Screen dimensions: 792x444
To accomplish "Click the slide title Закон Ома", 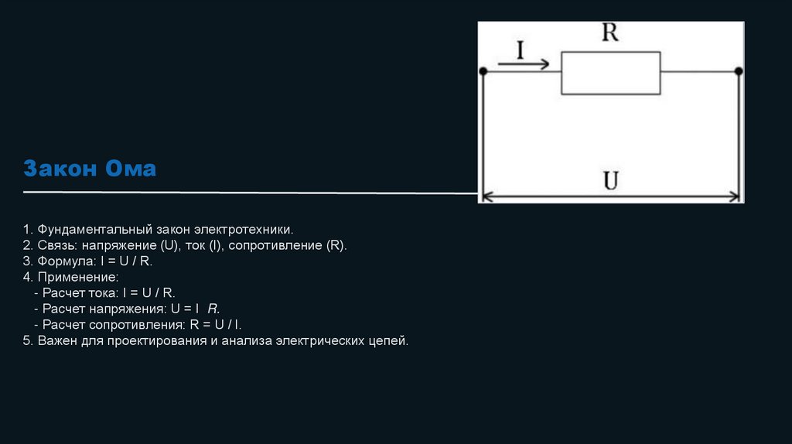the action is click(x=90, y=169).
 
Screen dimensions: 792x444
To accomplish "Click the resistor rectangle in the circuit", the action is click(x=610, y=73).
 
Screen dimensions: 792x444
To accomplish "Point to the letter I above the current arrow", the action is click(x=520, y=50).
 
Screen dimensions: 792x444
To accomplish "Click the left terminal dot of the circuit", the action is click(x=483, y=72).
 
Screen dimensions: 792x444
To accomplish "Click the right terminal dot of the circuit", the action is click(x=739, y=72).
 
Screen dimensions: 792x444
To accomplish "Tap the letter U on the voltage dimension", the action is click(x=611, y=181).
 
